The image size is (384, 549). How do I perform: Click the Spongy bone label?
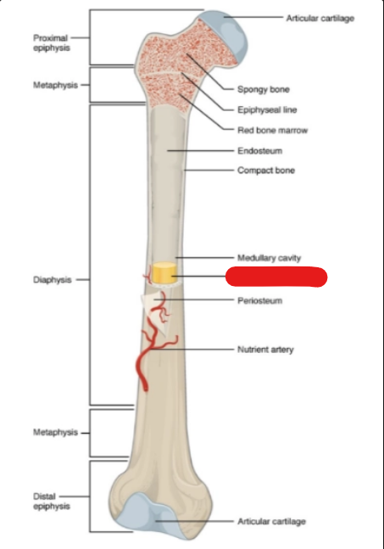click(264, 89)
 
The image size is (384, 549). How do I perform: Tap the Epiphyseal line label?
click(267, 110)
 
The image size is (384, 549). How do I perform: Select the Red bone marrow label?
click(272, 130)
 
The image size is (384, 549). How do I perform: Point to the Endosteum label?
click(260, 151)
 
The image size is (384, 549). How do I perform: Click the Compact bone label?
click(266, 171)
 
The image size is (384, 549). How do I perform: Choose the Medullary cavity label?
click(269, 258)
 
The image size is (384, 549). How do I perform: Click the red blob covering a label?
click(276, 277)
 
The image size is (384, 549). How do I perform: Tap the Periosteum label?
click(260, 300)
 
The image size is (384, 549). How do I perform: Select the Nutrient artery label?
click(265, 350)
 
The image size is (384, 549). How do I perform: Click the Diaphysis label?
click(53, 280)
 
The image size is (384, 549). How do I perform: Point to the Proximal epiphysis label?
click(52, 42)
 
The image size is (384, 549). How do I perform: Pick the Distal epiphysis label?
click(52, 501)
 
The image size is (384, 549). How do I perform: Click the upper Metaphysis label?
click(55, 85)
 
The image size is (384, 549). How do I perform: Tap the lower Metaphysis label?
click(55, 433)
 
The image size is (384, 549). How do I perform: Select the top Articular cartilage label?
click(320, 18)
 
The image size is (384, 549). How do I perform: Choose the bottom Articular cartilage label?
click(272, 521)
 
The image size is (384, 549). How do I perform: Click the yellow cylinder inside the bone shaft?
click(164, 272)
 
